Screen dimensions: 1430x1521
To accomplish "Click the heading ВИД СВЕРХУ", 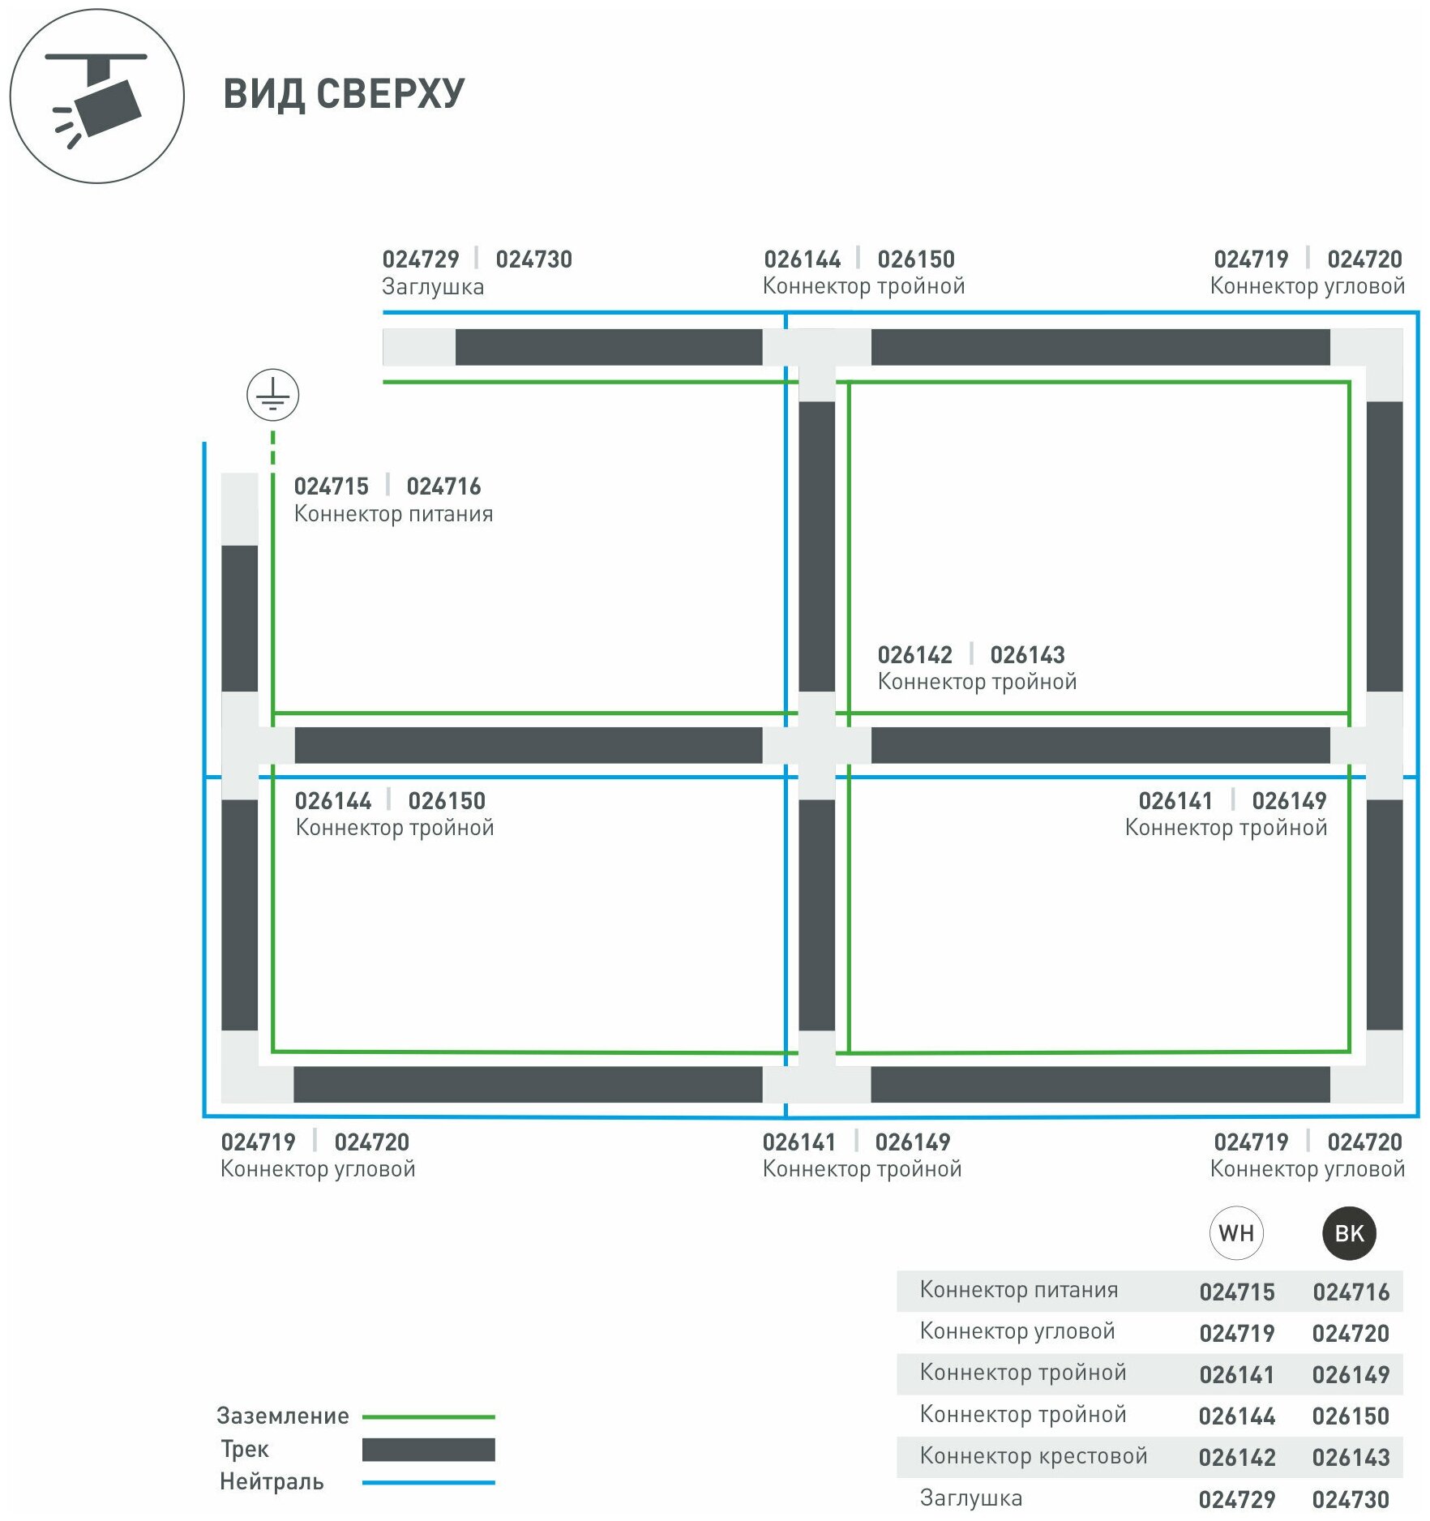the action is point(344,94).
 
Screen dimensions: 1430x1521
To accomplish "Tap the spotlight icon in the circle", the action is point(97,97).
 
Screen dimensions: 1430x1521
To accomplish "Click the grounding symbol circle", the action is point(272,395).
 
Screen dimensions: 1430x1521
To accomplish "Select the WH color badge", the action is point(1235,1233).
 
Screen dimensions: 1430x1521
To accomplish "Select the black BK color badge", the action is point(1349,1233).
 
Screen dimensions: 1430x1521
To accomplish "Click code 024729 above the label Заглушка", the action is point(421,259).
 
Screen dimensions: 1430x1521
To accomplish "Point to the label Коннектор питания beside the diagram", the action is point(393,514).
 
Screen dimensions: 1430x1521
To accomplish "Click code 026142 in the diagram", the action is point(914,655).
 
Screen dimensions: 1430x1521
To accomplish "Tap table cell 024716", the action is point(1351,1292).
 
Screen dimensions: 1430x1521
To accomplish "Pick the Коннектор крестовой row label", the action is point(1034,1456).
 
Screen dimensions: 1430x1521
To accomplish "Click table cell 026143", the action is point(1351,1458).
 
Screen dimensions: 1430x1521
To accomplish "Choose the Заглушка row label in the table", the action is point(971,1498).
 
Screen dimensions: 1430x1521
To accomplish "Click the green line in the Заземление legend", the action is point(428,1417).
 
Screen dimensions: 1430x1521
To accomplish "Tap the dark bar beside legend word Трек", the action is point(428,1450).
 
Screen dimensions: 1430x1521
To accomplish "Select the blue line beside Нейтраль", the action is point(428,1483).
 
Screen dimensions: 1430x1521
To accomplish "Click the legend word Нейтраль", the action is point(272,1482).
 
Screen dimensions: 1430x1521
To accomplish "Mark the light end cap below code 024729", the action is point(418,347).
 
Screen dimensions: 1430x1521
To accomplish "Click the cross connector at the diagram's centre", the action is point(816,745).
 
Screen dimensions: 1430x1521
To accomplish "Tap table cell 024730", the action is point(1351,1500).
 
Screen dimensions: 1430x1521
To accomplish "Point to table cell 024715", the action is point(1237,1292).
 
